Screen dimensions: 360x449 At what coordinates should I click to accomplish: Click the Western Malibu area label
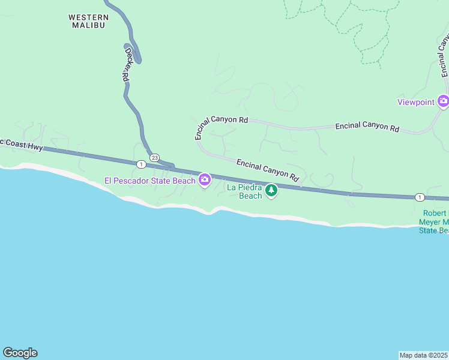pos(88,21)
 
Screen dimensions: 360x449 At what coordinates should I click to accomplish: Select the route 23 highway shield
pos(154,157)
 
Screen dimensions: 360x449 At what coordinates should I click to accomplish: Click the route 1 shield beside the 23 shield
pos(140,164)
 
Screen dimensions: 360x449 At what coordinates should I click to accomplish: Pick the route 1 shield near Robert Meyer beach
pos(420,197)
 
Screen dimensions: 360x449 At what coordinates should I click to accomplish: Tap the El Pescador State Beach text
pos(150,180)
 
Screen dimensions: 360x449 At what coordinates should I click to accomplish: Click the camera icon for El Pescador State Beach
pos(205,179)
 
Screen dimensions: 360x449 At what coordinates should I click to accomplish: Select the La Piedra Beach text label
pos(244,191)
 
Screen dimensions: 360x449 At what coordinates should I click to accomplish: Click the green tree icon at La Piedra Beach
pos(271,190)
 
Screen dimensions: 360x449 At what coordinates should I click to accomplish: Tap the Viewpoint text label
pos(415,102)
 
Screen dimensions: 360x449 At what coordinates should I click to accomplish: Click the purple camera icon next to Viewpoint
pos(443,101)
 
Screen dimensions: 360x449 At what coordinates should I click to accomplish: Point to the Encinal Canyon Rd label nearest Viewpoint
pos(367,127)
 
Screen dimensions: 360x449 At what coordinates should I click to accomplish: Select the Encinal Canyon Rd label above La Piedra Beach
pos(267,170)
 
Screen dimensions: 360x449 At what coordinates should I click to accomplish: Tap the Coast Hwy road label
pos(22,145)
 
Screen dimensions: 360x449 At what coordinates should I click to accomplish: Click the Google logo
pos(20,352)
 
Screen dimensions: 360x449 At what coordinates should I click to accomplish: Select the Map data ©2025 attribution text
pos(423,355)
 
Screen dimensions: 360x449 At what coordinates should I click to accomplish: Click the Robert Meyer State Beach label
pos(433,222)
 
